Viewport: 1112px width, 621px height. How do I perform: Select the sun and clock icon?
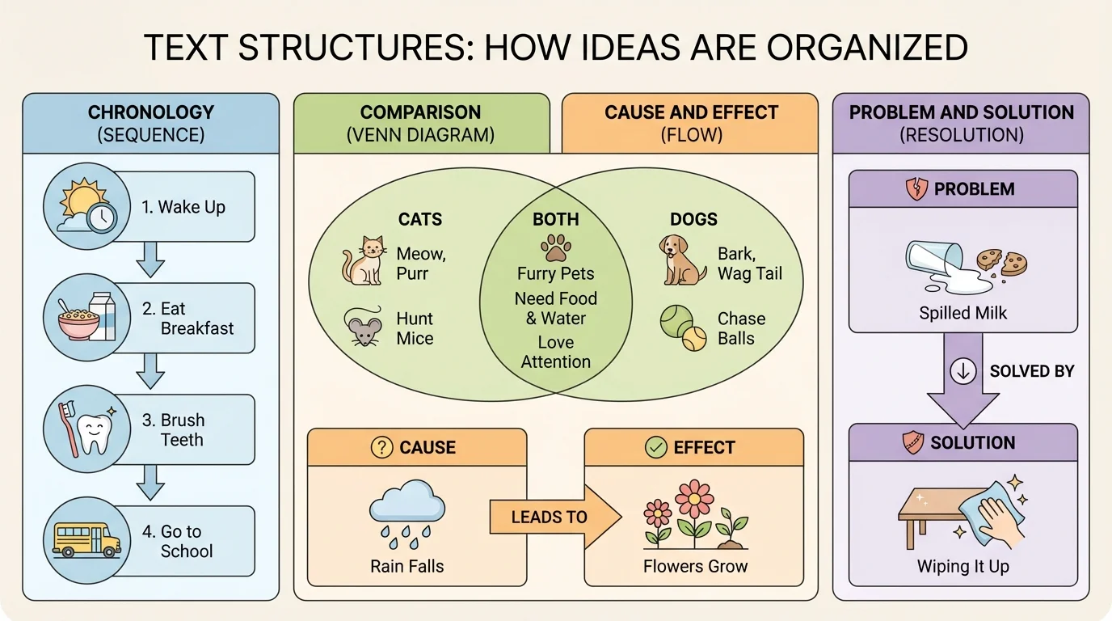[86, 205]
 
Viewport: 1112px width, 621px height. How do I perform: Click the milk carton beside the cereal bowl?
[103, 316]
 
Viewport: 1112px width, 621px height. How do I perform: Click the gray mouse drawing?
[365, 327]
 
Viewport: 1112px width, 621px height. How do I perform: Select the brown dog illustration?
[683, 260]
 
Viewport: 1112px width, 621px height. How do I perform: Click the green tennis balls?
[684, 327]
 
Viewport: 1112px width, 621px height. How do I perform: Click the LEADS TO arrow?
[554, 516]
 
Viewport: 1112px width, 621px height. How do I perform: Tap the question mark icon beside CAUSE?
[381, 447]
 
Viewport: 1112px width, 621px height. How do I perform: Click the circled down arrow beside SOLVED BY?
[963, 371]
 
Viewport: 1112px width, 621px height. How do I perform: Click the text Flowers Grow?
[695, 566]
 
